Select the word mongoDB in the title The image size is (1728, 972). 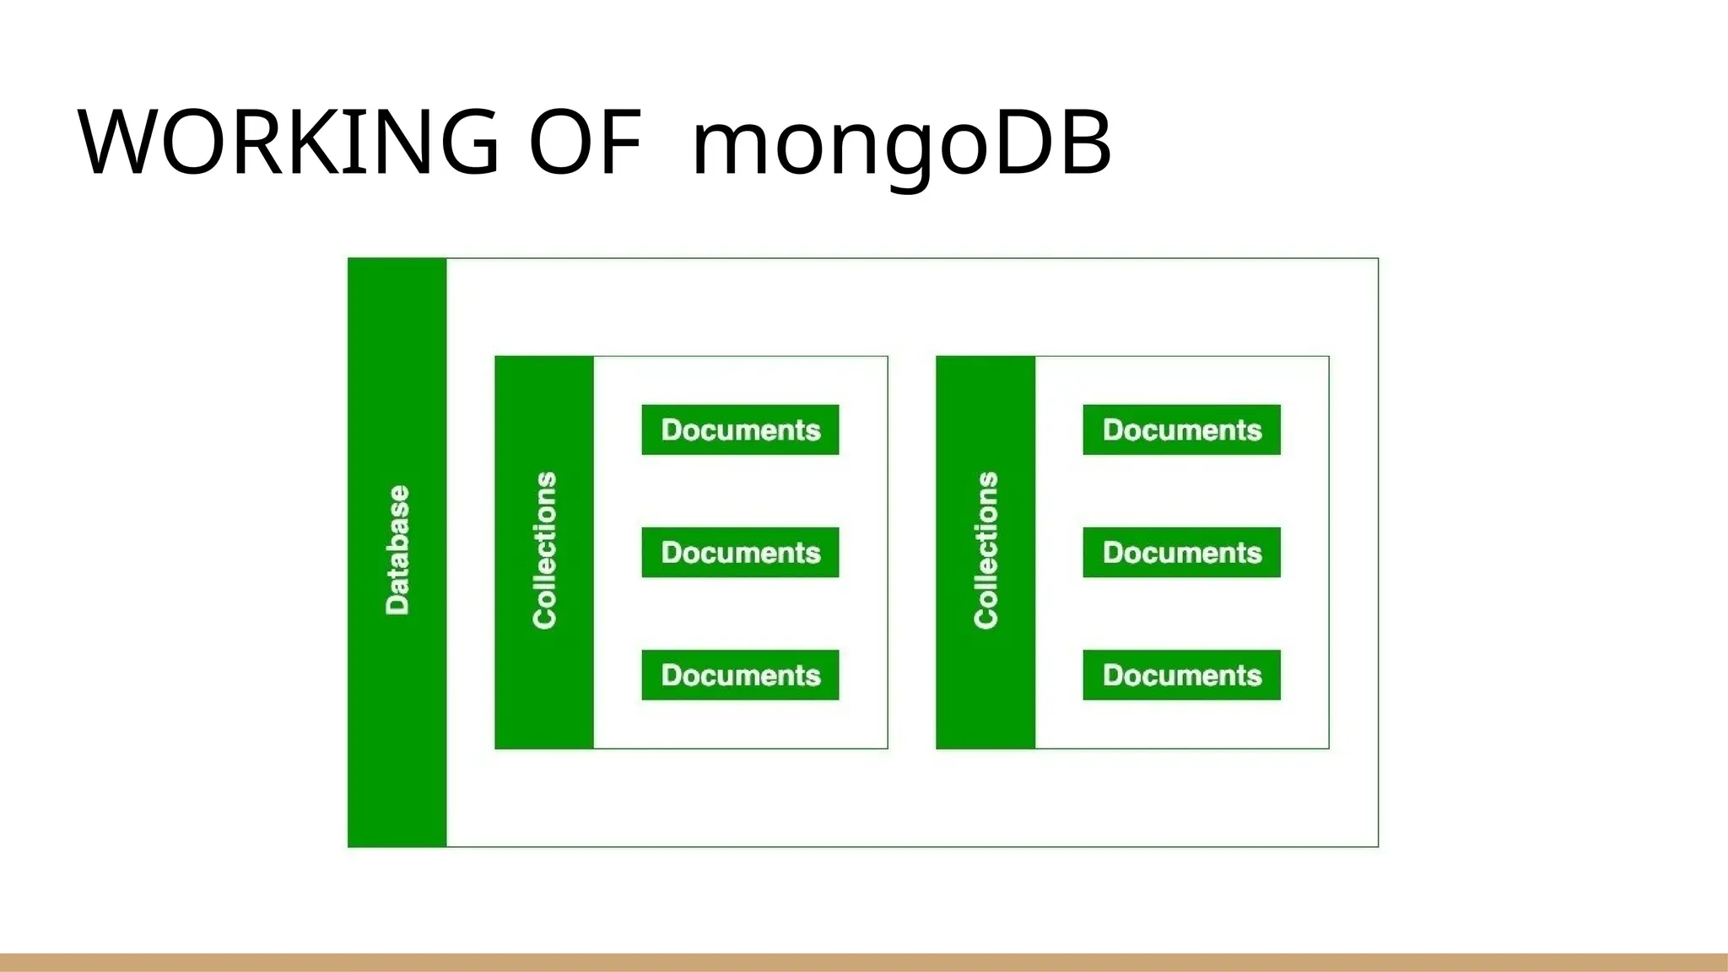click(x=901, y=143)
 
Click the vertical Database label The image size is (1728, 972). click(x=397, y=550)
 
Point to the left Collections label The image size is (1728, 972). click(x=545, y=550)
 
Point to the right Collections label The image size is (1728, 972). click(x=985, y=550)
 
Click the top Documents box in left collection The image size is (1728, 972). click(x=740, y=430)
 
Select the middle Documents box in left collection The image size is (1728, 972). click(x=740, y=553)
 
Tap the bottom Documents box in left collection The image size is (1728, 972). click(x=740, y=675)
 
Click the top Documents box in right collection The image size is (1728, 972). click(x=1181, y=430)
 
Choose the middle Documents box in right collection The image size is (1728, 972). click(x=1181, y=553)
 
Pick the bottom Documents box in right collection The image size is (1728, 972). click(x=1181, y=675)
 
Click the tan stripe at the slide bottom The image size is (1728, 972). click(x=864, y=963)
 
